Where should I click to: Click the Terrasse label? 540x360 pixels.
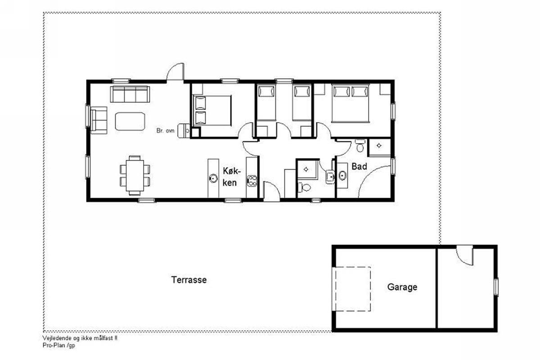tap(189, 280)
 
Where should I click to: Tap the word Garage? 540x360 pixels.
tap(402, 287)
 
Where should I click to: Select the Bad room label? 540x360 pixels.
tap(359, 166)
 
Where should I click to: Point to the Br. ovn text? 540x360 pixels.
tap(166, 130)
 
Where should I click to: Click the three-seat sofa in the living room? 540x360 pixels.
tap(130, 94)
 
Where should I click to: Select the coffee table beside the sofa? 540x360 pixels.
tap(130, 121)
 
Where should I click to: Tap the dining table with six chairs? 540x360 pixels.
tap(135, 175)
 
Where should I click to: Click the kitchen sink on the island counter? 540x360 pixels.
tap(213, 179)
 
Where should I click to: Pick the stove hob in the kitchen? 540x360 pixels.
tap(252, 181)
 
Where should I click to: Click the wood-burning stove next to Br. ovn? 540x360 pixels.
tap(184, 130)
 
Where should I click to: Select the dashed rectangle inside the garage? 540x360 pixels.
tap(351, 288)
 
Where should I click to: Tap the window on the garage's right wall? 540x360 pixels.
tap(496, 287)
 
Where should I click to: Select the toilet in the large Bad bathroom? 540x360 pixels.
tap(360, 146)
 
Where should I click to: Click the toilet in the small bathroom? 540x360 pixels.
tap(304, 187)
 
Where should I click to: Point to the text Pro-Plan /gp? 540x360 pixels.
tap(59, 345)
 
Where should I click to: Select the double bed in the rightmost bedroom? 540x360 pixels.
tap(350, 103)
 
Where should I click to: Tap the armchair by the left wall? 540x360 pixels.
tap(99, 120)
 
